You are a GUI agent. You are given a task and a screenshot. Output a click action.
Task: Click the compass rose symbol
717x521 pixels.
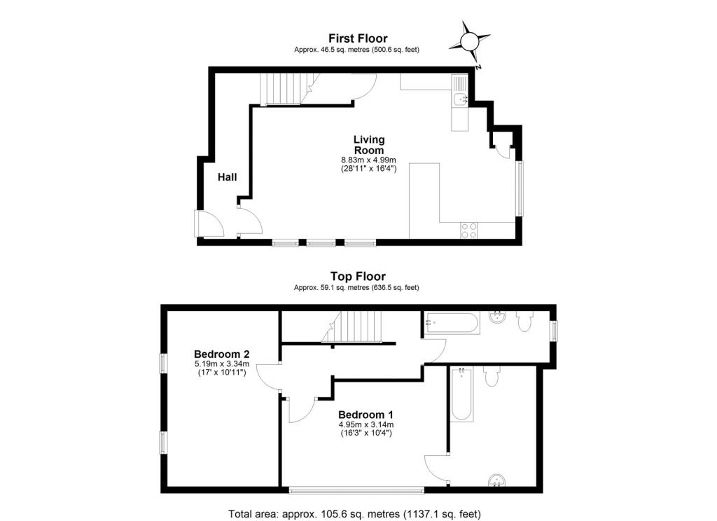(x=469, y=42)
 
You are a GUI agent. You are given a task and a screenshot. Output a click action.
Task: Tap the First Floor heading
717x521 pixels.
(x=358, y=39)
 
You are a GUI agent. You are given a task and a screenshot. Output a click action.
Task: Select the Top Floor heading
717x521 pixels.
(x=358, y=277)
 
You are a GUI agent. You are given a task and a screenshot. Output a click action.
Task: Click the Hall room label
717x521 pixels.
(x=228, y=177)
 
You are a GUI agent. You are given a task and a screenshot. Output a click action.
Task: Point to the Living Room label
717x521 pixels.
(x=369, y=144)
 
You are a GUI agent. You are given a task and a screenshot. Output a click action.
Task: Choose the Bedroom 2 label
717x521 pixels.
(x=222, y=354)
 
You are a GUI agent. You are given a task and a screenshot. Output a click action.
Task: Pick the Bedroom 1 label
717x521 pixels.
(x=366, y=415)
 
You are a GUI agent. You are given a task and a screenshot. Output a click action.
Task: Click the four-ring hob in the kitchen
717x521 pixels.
(x=468, y=230)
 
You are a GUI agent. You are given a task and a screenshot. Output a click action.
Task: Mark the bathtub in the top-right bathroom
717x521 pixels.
(x=452, y=323)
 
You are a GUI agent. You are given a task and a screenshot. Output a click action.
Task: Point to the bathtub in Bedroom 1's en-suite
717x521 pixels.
(x=462, y=394)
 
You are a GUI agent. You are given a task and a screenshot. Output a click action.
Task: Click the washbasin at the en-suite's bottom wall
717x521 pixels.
(x=496, y=481)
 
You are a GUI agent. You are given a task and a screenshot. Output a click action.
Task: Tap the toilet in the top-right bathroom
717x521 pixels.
(x=524, y=321)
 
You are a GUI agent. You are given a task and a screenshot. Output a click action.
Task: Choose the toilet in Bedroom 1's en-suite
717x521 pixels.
(x=492, y=376)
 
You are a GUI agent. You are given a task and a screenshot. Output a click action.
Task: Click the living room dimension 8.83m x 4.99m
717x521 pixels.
(x=368, y=160)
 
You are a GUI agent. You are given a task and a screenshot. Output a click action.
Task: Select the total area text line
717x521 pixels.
(x=354, y=514)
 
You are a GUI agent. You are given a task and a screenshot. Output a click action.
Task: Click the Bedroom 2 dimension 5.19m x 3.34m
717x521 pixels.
(x=222, y=364)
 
